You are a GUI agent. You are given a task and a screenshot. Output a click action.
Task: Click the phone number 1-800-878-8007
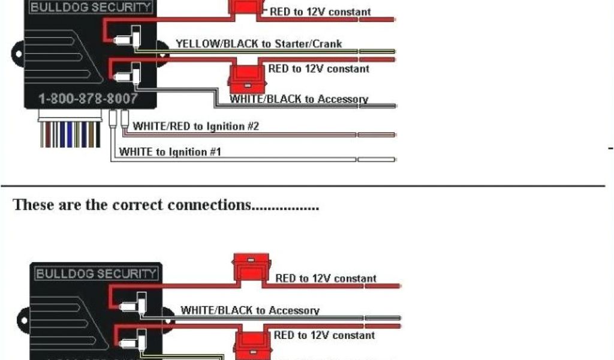coord(88,98)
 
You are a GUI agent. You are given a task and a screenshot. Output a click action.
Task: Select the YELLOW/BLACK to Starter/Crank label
coord(258,43)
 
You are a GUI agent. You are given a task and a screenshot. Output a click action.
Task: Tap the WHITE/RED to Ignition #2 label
coord(195,126)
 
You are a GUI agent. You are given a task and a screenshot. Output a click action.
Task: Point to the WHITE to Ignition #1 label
coord(170,152)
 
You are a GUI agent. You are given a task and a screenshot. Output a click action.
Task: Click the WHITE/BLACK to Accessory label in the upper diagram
coord(299,99)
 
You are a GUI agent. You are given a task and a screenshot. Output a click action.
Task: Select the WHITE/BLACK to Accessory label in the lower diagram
coord(250,310)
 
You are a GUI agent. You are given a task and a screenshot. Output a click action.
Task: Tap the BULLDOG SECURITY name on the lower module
coord(96,274)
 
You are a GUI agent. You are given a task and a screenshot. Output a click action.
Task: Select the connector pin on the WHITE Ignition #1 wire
coord(113,119)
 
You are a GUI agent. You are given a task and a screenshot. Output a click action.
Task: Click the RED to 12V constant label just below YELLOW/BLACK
coord(318,69)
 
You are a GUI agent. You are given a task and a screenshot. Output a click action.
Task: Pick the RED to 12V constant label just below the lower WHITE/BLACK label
coord(324,335)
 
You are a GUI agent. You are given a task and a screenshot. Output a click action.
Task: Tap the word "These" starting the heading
coord(30,205)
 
